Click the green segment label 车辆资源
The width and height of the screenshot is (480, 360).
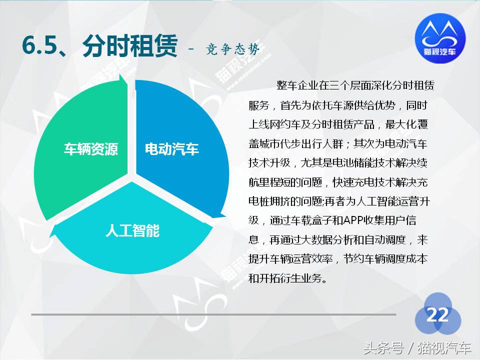click(x=91, y=149)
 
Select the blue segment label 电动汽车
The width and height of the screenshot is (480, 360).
click(x=171, y=149)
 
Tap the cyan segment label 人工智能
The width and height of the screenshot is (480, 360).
click(x=132, y=230)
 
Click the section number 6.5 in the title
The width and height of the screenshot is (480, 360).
click(x=39, y=46)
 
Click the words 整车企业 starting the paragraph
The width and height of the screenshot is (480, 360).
click(x=297, y=85)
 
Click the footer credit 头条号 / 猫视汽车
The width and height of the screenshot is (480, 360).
click(x=417, y=347)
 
